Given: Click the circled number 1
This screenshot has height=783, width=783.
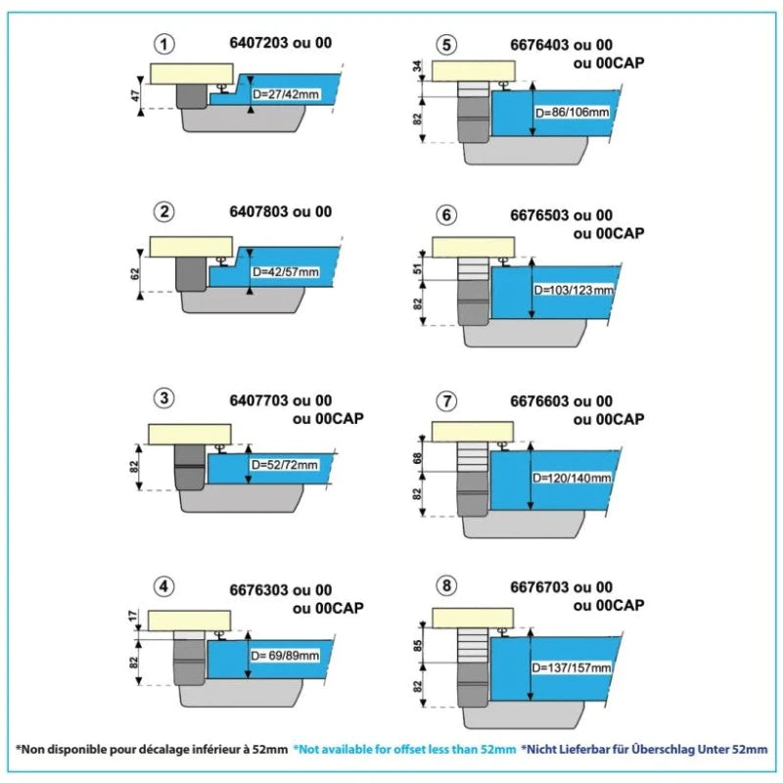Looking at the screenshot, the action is pos(163,44).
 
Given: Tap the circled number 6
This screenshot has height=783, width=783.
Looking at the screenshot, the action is pos(446,215).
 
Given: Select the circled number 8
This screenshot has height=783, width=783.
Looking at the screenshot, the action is pos(446,585).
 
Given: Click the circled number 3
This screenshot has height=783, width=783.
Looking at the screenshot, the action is pos(163,398).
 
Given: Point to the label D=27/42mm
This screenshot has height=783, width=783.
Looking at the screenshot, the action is pos(285,94).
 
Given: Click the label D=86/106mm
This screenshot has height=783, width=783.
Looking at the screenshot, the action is pos(573,113).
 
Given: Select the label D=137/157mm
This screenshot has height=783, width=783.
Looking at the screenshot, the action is pos(572,668).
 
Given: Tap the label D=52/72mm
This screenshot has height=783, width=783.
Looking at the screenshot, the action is pos(284,465).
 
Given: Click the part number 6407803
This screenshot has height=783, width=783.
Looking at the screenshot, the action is pos(259,211).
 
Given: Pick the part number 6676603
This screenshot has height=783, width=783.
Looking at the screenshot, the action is pos(540,401).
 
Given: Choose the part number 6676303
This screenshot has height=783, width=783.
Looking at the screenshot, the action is pos(259,590).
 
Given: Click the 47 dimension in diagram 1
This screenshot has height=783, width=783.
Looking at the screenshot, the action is pos(136,96).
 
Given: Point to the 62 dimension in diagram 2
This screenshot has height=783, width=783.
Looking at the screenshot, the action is pos(135,274).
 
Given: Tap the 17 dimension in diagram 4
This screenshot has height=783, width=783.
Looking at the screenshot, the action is pos(133,617).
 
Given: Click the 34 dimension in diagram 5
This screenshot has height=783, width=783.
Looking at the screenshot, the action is pos(418,66).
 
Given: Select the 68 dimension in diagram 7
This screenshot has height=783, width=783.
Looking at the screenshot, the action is pos(418,458).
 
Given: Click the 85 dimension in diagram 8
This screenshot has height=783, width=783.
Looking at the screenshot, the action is pos(418,646).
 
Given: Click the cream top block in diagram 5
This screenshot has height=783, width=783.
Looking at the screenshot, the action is pos(474,70).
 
